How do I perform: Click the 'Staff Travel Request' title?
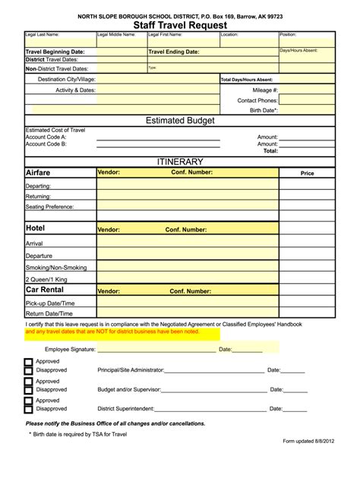(180, 25)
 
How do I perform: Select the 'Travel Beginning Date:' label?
(55, 52)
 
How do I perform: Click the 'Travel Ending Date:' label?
(174, 52)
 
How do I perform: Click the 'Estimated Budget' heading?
(180, 121)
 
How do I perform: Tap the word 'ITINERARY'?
(180, 162)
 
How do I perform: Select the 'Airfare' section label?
(38, 173)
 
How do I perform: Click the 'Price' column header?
(307, 174)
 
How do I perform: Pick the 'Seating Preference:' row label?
(50, 206)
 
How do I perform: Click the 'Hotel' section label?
(35, 228)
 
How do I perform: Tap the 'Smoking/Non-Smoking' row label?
(55, 267)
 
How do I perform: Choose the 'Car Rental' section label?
(44, 290)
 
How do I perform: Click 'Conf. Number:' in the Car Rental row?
(190, 291)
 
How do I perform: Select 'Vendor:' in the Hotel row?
(109, 229)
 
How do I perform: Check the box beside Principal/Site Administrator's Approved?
(29, 363)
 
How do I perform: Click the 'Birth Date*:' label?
(264, 110)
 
